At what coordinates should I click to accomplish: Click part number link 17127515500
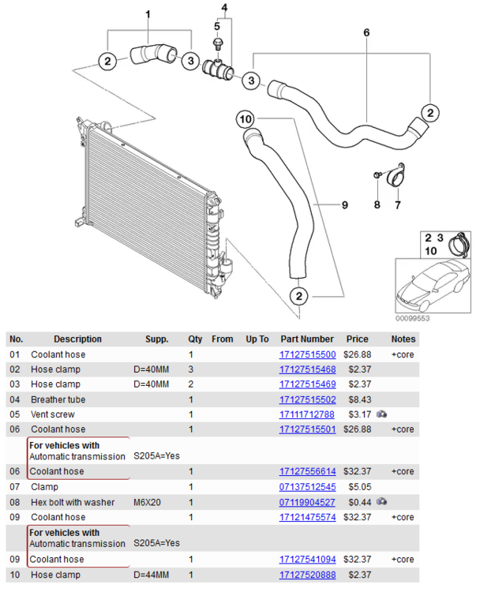coord(307,354)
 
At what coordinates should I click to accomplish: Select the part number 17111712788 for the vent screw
coord(307,414)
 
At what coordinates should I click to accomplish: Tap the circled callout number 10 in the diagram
coord(246,119)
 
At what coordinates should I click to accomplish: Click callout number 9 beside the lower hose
coord(344,205)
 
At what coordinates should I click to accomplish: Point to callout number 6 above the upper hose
coord(366,33)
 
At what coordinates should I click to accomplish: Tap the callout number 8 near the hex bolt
coord(377,205)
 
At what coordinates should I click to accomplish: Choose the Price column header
coord(357,339)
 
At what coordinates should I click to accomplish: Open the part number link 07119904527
coord(307,502)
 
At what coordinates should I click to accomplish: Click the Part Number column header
coord(307,339)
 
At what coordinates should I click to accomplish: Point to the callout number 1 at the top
coord(148,14)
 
